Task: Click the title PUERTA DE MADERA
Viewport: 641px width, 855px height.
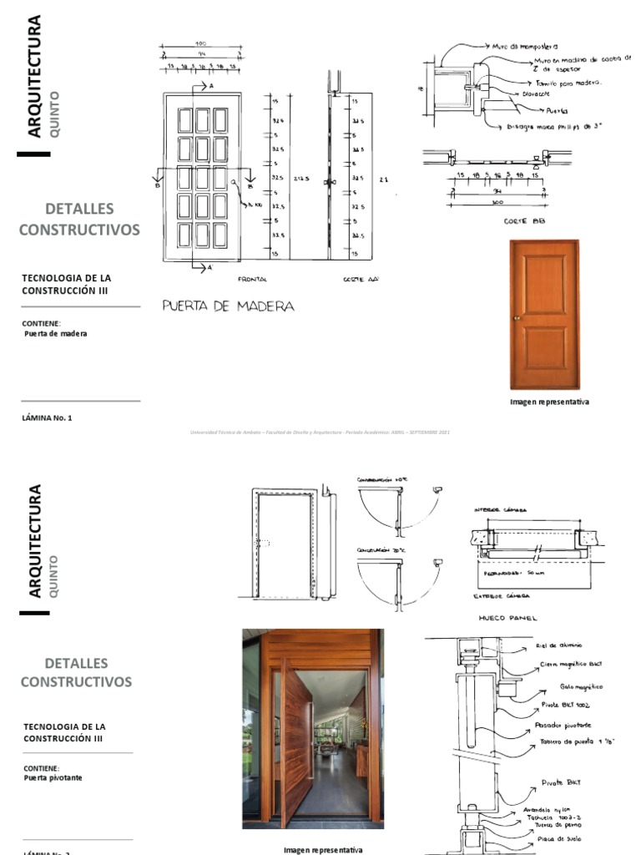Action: (x=228, y=306)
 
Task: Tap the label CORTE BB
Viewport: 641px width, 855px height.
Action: (x=524, y=221)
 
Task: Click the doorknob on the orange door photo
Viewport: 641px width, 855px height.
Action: (x=517, y=317)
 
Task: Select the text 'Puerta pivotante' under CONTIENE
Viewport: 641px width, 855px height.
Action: (x=53, y=777)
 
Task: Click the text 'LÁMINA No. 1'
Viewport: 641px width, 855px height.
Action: (x=48, y=417)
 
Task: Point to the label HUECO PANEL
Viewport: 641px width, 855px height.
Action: (x=507, y=619)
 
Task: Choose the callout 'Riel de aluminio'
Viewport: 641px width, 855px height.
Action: (x=559, y=645)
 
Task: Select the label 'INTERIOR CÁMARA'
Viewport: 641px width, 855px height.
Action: (x=501, y=509)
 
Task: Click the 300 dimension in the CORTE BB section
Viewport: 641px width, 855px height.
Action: (x=497, y=202)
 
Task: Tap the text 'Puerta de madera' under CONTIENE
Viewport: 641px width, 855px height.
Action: (x=56, y=333)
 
